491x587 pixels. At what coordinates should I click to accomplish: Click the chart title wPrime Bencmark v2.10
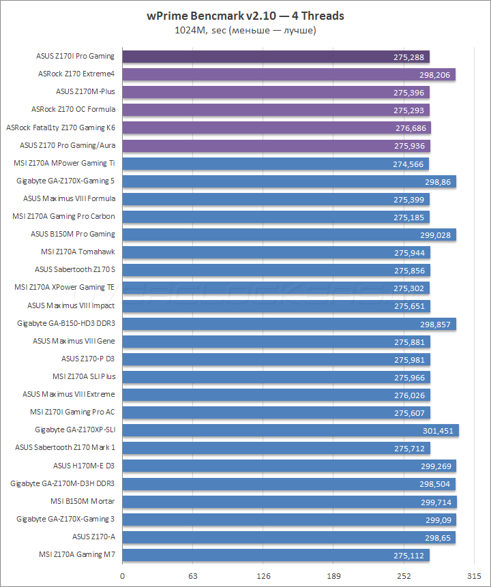245,16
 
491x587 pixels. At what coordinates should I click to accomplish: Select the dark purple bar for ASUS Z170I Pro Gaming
276,57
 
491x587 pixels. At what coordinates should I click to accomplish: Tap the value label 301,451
437,430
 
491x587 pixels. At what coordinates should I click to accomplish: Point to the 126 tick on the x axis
263,576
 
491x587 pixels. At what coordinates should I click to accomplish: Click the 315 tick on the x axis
474,576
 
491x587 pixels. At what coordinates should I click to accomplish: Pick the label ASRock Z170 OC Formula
73,109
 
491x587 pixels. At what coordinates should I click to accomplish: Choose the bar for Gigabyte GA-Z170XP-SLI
290,430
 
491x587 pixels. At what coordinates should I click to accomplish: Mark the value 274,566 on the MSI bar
408,164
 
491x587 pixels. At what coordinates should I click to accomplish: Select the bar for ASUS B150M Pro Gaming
288,235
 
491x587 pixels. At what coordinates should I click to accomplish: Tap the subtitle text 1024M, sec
245,30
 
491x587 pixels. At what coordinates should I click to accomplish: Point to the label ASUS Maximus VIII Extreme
68,394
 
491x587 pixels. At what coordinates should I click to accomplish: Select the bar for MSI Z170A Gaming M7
276,555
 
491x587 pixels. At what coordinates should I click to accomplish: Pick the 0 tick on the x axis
123,576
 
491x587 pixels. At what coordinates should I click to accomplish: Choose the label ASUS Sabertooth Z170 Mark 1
65,447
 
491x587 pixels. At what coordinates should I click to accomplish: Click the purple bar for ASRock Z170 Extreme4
288,74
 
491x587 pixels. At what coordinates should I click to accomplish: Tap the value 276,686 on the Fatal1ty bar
411,127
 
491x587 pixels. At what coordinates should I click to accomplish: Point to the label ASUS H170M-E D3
84,466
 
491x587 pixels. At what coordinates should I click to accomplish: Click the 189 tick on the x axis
333,576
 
